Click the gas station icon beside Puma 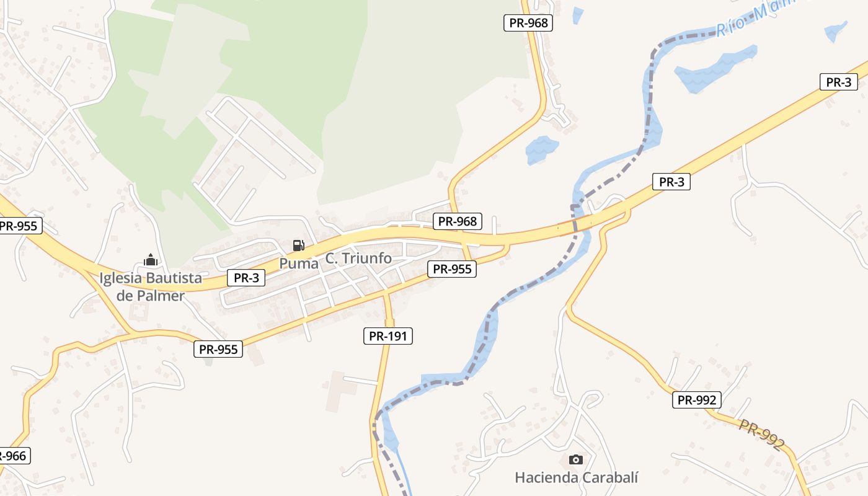298,246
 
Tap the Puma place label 299,263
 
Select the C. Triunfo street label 359,259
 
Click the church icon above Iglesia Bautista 151,260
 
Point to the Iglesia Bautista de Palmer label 151,286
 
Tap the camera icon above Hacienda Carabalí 576,460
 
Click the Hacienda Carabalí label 576,477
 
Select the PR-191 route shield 387,336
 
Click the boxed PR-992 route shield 697,400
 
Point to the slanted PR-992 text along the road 761,435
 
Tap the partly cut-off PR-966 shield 13,456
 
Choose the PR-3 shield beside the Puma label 246,278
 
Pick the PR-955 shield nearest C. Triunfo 452,269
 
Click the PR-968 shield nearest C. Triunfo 457,221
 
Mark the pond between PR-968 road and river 541,149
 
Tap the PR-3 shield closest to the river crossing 671,182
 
